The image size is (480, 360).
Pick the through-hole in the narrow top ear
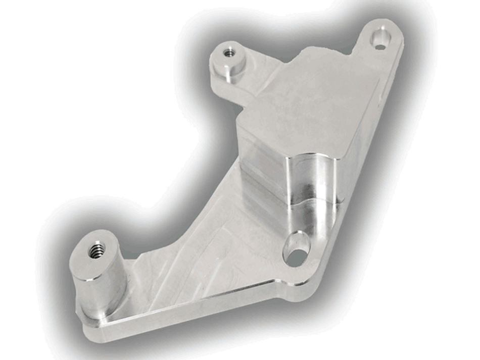380,39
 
